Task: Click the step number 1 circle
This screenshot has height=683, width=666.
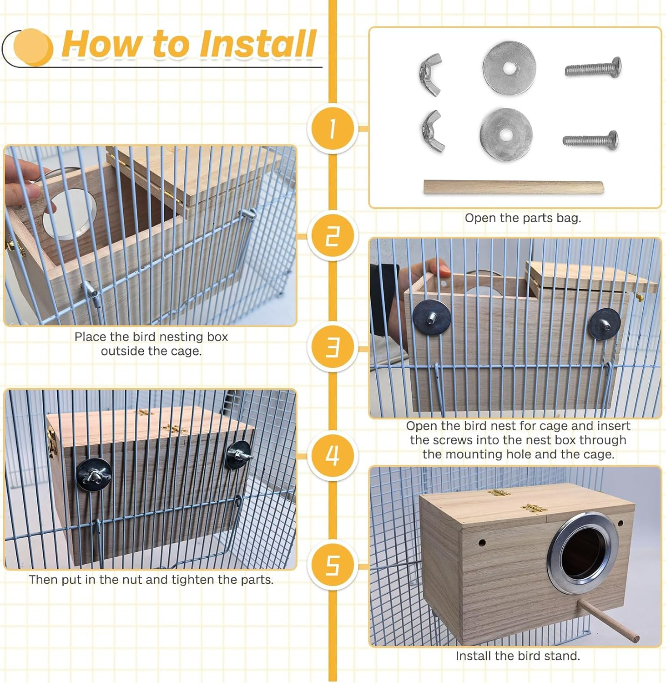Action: point(332,129)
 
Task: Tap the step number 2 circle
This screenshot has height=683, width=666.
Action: point(332,236)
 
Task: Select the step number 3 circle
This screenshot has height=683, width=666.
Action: point(332,347)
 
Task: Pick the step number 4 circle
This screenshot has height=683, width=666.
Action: point(332,455)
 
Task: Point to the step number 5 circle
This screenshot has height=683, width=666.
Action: point(332,566)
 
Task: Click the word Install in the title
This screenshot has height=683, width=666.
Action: point(258,44)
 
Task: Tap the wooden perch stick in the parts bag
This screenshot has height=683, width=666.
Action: point(514,187)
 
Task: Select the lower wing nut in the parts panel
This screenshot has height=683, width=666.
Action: point(432,132)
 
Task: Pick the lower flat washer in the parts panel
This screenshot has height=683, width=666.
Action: point(506,134)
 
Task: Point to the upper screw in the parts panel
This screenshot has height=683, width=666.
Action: point(593,68)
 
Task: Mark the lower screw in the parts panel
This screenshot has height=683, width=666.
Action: point(590,139)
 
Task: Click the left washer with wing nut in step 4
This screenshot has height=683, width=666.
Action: point(94,475)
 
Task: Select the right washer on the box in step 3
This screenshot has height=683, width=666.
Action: point(605,324)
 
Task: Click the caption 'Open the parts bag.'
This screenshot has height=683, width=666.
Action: point(523,218)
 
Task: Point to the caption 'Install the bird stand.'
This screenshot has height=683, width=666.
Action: point(518,656)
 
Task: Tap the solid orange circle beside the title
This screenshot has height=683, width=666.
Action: point(33,46)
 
